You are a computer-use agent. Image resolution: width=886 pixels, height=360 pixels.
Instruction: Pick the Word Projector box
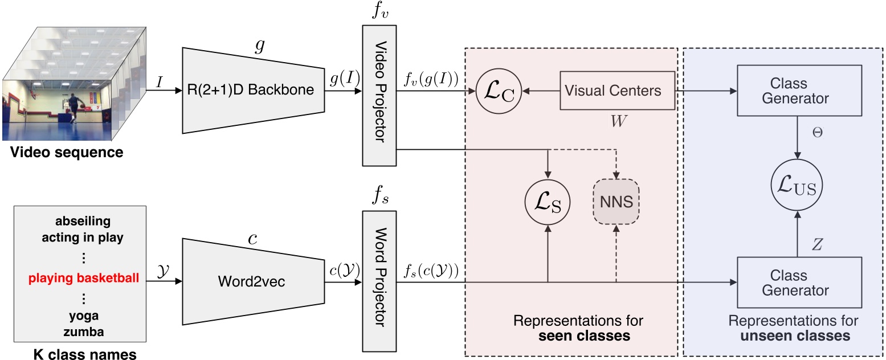(x=379, y=281)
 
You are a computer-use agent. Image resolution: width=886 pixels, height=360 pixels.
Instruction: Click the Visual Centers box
(x=613, y=91)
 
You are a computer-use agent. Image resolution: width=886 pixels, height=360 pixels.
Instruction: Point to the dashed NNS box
(x=616, y=203)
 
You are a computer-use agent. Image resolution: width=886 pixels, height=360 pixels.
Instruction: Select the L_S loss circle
(x=548, y=203)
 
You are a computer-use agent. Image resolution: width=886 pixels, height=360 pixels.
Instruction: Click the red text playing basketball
(x=84, y=279)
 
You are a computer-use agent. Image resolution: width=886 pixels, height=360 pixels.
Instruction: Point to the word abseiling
(x=84, y=222)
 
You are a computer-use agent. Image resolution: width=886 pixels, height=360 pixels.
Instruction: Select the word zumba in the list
(x=84, y=332)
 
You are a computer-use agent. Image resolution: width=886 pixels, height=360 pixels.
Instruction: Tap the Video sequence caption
(x=63, y=153)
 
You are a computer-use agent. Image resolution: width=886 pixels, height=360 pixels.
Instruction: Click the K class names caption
(x=84, y=354)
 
